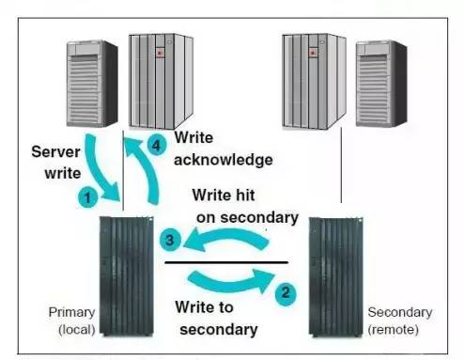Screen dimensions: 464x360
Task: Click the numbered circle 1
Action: [87, 197]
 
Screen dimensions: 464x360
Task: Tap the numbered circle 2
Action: [286, 293]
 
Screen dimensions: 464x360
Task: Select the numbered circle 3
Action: [170, 240]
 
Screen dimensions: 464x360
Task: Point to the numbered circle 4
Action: [156, 145]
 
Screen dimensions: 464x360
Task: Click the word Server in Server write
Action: [55, 152]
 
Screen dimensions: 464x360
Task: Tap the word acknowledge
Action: [224, 160]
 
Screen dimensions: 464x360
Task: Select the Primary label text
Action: [71, 312]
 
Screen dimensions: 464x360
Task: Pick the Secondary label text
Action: [400, 312]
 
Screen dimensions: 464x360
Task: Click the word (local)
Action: [77, 330]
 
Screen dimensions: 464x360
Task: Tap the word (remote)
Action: [394, 330]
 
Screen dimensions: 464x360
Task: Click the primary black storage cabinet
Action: [127, 276]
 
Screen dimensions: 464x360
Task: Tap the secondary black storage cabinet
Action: [336, 277]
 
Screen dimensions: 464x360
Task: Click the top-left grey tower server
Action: [92, 84]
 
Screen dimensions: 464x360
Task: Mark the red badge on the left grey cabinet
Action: [160, 53]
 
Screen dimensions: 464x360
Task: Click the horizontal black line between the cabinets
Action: [226, 262]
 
